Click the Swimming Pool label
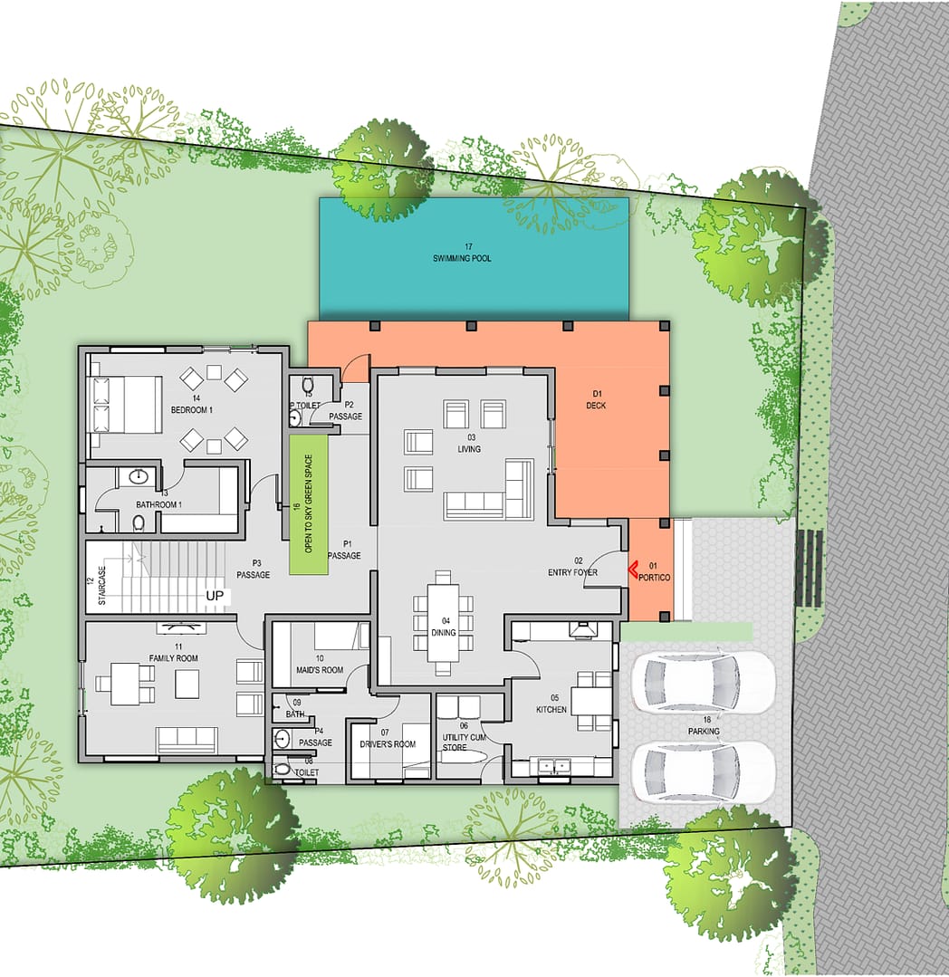pos(468,259)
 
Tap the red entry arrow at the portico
pos(632,569)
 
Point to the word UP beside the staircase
pos(215,597)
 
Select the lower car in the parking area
pos(704,772)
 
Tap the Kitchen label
pos(551,710)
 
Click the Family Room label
pos(173,658)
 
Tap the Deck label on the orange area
pos(595,406)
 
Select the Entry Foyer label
pos(572,572)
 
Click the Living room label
pos(468,449)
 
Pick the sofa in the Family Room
pos(187,740)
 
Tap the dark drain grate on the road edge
pos(809,568)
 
